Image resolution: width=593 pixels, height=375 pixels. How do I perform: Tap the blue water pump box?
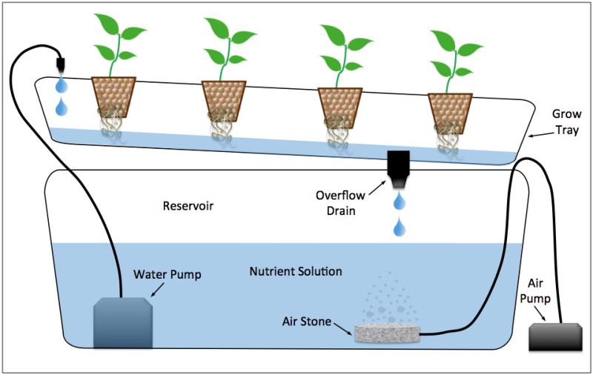pyautogui.click(x=123, y=321)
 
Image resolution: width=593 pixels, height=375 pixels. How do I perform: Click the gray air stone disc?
pyautogui.click(x=386, y=333)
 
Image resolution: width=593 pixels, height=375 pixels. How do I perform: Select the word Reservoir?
pyautogui.click(x=188, y=205)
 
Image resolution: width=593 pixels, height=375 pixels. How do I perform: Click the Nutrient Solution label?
pyautogui.click(x=295, y=271)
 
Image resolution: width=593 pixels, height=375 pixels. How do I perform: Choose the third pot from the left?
pyautogui.click(x=338, y=107)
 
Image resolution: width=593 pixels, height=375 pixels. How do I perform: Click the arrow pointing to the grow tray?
pyautogui.click(x=539, y=134)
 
